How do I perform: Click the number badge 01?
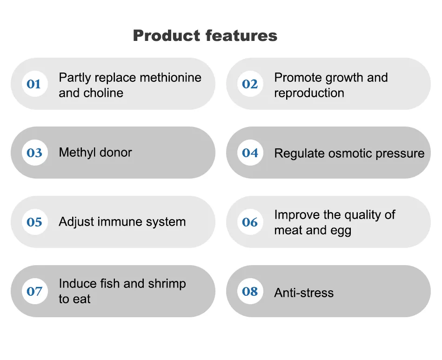[x=34, y=84]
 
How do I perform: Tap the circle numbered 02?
[x=250, y=84]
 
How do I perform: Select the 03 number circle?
[x=34, y=153]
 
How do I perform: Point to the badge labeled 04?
[x=250, y=153]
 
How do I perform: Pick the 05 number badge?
[x=34, y=222]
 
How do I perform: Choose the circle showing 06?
[x=250, y=222]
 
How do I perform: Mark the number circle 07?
[x=34, y=292]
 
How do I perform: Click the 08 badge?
[x=250, y=292]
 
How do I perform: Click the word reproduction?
[x=309, y=93]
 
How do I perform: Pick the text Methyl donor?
[x=95, y=153]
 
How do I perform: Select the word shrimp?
[x=166, y=284]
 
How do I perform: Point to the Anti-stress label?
[x=304, y=293]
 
